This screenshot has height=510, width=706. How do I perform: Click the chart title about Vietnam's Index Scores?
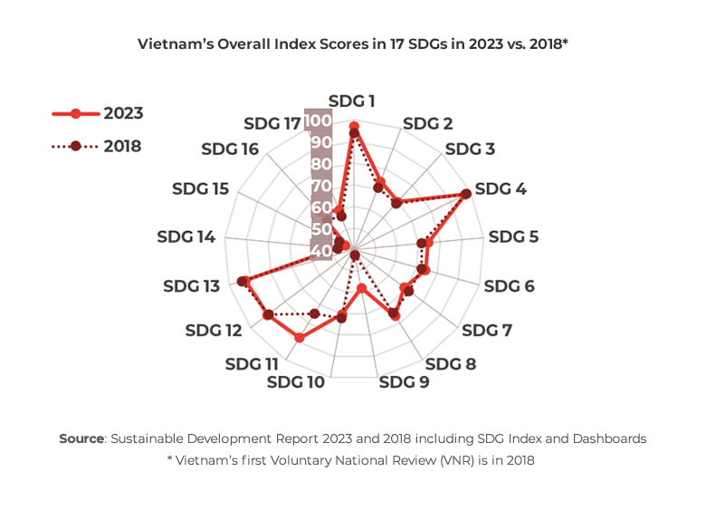tap(353, 43)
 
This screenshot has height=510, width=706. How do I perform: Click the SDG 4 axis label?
tap(501, 189)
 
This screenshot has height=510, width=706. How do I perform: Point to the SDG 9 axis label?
tap(404, 381)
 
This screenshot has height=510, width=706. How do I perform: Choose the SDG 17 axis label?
tap(272, 123)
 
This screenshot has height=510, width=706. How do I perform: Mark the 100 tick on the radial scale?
tap(318, 121)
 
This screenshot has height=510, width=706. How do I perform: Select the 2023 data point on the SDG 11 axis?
tap(300, 338)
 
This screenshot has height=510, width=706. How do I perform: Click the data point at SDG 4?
tap(465, 194)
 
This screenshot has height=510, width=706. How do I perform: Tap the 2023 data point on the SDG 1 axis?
tap(353, 126)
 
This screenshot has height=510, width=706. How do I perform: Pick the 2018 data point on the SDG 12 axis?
tap(268, 315)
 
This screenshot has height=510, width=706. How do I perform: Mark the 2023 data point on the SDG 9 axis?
tap(361, 289)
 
